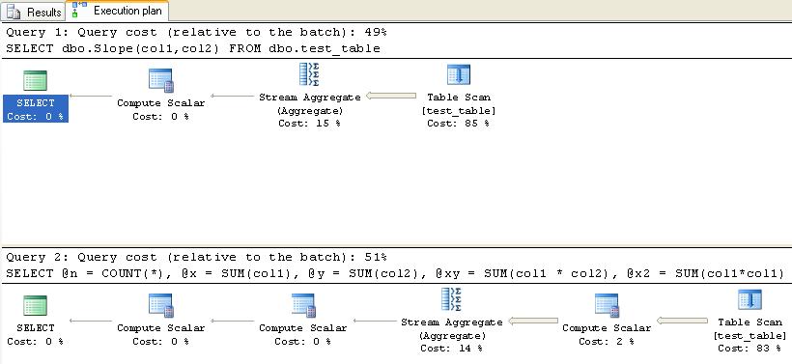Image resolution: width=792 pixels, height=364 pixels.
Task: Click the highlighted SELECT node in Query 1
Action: point(36,108)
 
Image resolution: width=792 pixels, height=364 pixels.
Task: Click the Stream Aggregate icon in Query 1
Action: point(309,75)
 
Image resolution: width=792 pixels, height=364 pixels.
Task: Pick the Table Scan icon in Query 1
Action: point(458,76)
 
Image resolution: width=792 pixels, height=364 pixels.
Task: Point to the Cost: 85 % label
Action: point(458,124)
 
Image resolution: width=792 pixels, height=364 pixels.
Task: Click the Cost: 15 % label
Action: point(310,124)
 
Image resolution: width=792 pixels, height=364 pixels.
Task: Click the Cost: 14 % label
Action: point(452,349)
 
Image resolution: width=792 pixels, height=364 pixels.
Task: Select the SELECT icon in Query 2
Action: point(36,306)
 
